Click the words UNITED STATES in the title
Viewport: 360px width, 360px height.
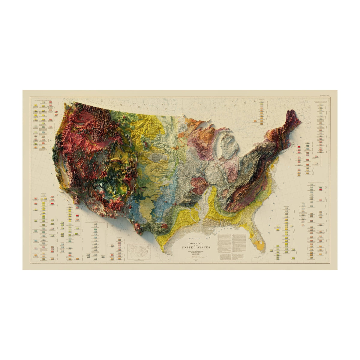(196, 247)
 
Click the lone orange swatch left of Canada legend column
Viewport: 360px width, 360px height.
(254, 121)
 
